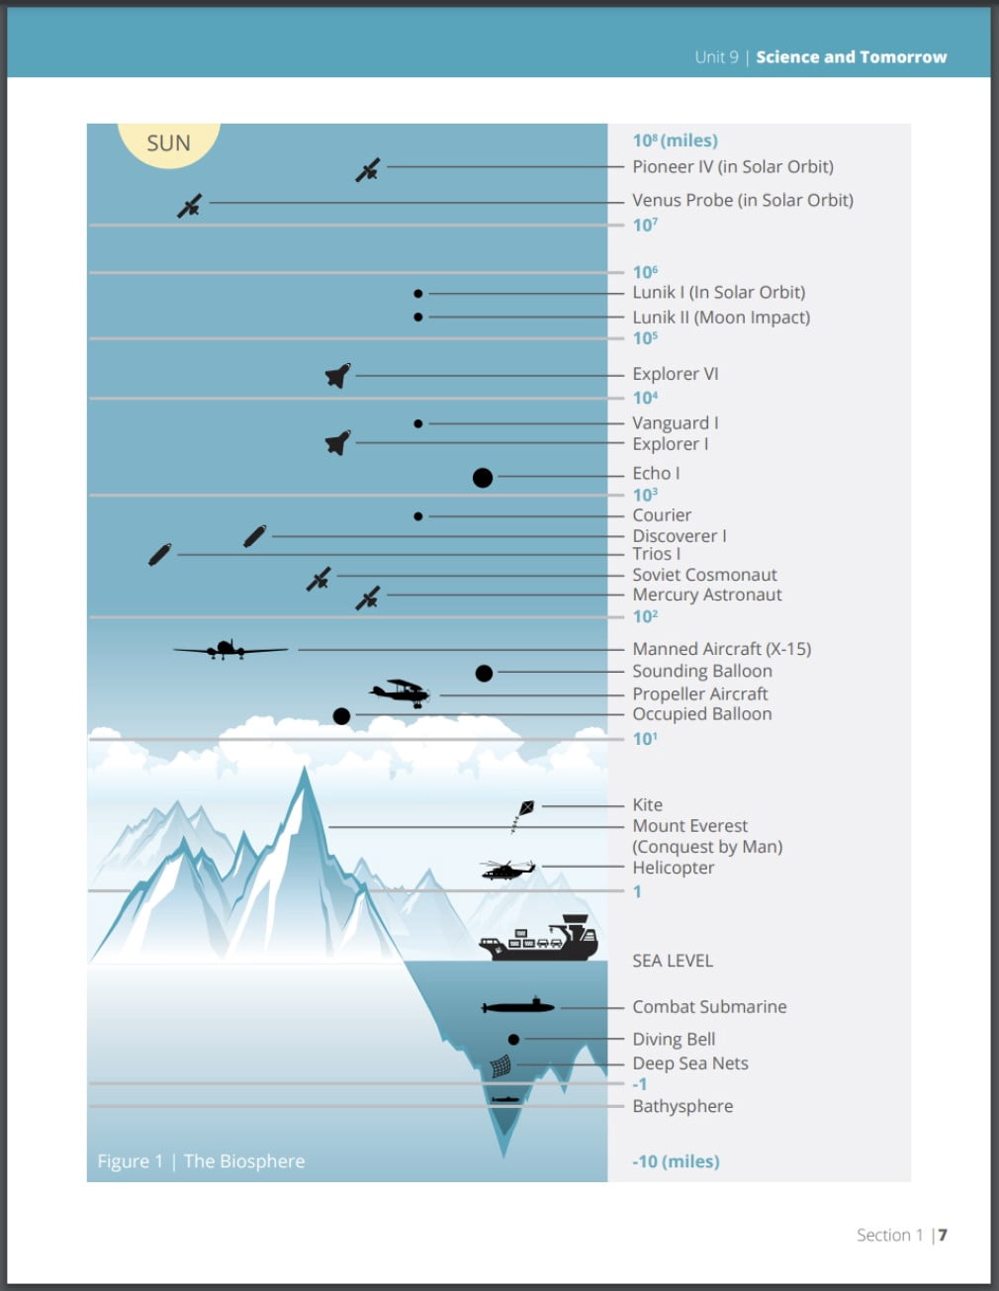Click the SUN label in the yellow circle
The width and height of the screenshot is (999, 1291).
point(168,143)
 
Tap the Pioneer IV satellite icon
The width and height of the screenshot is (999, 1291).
point(368,170)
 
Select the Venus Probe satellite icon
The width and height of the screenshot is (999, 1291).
point(190,206)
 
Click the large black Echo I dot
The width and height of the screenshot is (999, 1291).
point(483,478)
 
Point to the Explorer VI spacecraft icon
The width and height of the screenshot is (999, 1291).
point(338,376)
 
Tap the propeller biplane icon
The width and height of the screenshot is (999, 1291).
point(401,692)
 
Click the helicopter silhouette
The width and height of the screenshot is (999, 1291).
point(507,870)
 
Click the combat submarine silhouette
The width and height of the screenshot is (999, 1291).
point(518,1007)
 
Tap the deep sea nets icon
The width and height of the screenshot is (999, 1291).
point(501,1066)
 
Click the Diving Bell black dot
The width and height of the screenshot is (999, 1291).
point(513,1040)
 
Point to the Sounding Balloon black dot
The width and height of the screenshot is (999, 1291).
point(484,674)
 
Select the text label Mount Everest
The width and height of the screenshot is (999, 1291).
point(689,826)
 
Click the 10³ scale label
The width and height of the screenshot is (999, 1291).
point(645,495)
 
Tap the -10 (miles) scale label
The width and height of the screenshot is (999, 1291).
point(676,1161)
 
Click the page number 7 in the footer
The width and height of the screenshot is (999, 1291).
point(943,1235)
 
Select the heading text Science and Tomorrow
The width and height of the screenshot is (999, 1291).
point(851,57)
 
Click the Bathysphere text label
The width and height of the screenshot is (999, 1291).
point(682,1106)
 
